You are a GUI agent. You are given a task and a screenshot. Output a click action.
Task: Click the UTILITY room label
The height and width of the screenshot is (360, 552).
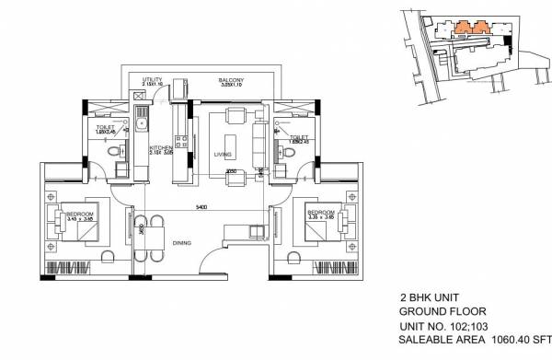click(140, 80)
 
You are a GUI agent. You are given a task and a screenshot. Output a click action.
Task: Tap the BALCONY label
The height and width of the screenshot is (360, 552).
click(231, 80)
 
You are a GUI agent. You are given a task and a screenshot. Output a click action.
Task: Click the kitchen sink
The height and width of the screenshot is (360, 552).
click(141, 118)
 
